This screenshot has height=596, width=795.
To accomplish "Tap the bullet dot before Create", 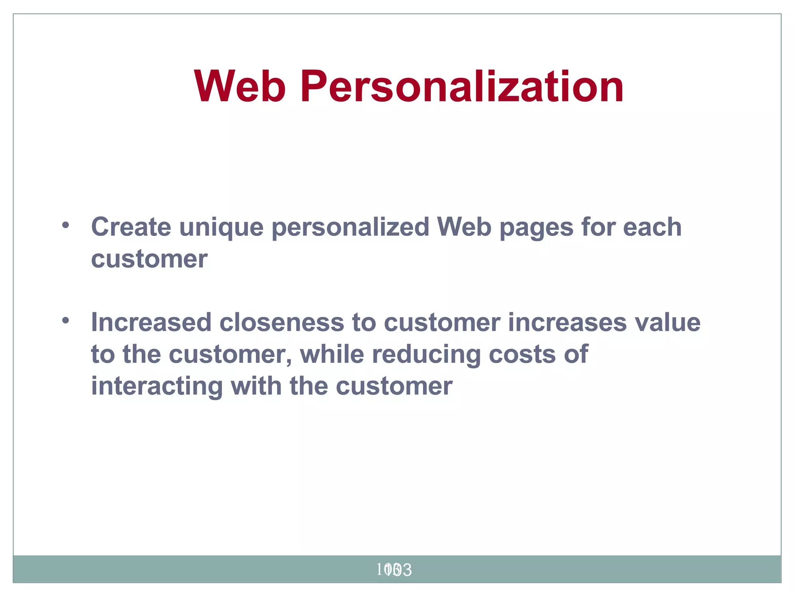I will [65, 225].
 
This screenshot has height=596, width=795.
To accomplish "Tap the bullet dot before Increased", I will [65, 321].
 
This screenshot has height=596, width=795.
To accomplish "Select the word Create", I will [131, 227].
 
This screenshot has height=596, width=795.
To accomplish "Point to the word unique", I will [221, 227].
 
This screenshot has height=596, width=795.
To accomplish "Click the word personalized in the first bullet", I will [350, 227].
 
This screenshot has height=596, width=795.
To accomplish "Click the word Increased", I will [151, 322].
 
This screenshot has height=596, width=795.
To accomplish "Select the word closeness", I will [281, 322].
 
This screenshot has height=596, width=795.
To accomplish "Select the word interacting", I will [157, 386].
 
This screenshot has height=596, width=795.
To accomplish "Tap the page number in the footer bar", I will [394, 570].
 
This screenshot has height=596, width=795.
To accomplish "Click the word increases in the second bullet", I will [567, 322].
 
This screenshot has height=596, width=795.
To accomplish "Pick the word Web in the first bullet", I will [464, 227].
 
